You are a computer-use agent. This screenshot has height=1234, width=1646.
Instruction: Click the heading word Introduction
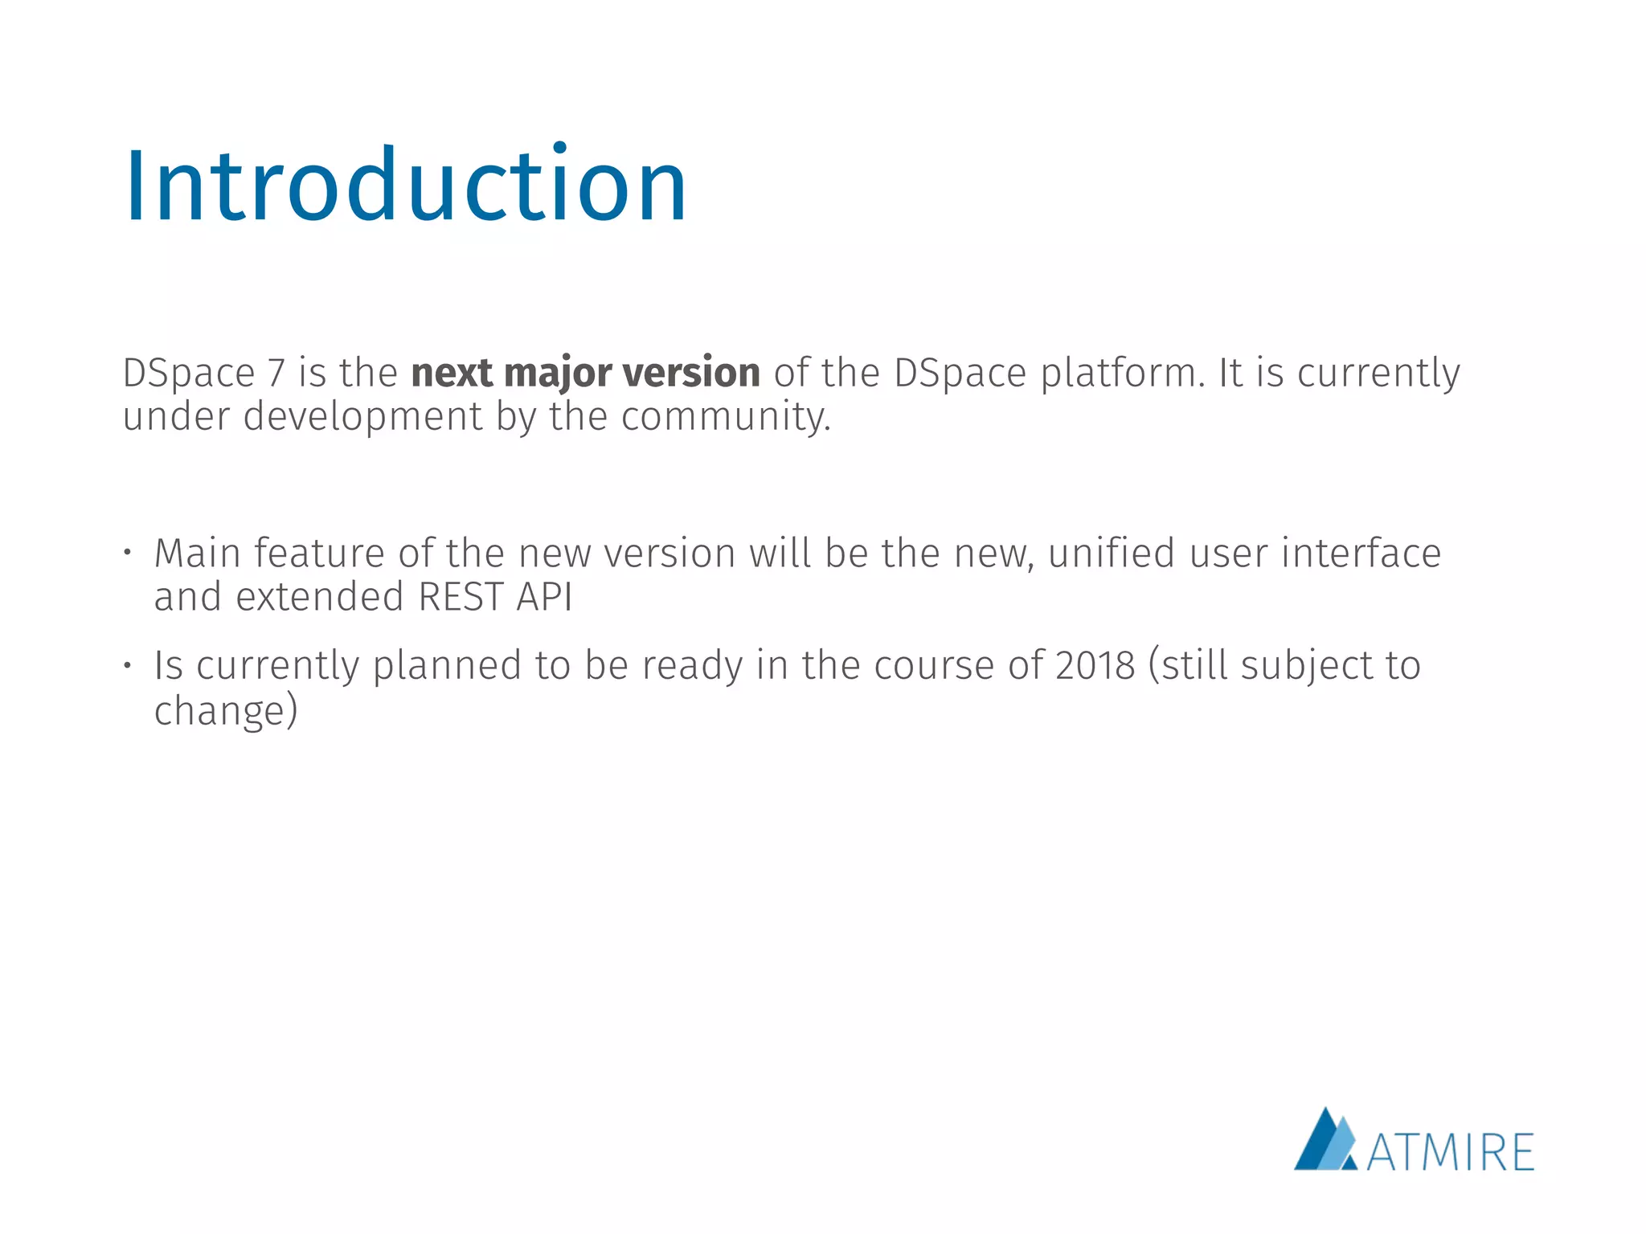click(405, 186)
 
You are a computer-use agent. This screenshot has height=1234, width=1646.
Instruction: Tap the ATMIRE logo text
click(1450, 1153)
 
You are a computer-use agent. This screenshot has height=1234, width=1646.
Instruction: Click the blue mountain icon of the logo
click(1325, 1142)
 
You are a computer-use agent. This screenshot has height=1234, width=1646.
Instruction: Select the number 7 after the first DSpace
click(276, 374)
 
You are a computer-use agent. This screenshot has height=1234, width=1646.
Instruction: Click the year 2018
click(1095, 666)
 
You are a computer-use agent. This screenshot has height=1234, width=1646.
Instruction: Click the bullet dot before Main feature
click(127, 554)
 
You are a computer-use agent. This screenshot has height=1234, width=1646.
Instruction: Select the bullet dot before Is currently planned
click(127, 665)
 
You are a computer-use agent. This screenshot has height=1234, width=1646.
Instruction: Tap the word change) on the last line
click(226, 711)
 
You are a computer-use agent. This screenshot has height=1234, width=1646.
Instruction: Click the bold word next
click(451, 374)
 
